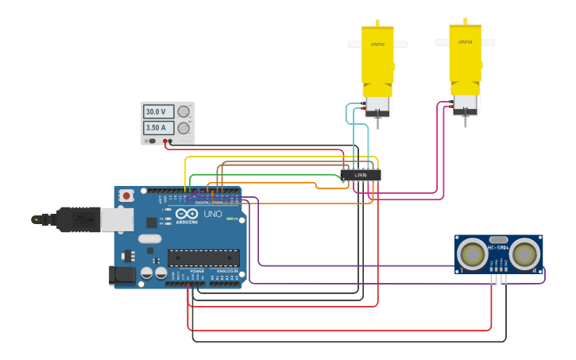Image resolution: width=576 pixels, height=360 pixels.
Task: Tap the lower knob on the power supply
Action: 184,128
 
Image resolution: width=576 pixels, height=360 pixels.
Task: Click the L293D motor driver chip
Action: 360,175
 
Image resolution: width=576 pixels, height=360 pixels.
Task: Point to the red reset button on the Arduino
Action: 126,195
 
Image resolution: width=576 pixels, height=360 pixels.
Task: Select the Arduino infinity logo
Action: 187,215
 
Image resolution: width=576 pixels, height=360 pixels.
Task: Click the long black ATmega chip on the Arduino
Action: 203,257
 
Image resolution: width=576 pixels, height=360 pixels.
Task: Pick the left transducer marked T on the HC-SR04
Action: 474,254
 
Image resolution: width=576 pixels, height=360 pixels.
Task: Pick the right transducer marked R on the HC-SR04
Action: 524,254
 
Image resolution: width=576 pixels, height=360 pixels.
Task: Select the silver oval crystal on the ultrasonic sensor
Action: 499,239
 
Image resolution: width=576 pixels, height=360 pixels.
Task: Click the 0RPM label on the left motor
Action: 377,45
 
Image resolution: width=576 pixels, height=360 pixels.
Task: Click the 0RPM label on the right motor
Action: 465,42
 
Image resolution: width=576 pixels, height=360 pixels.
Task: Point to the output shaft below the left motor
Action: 377,122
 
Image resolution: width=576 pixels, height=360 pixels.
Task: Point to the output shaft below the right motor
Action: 465,120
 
